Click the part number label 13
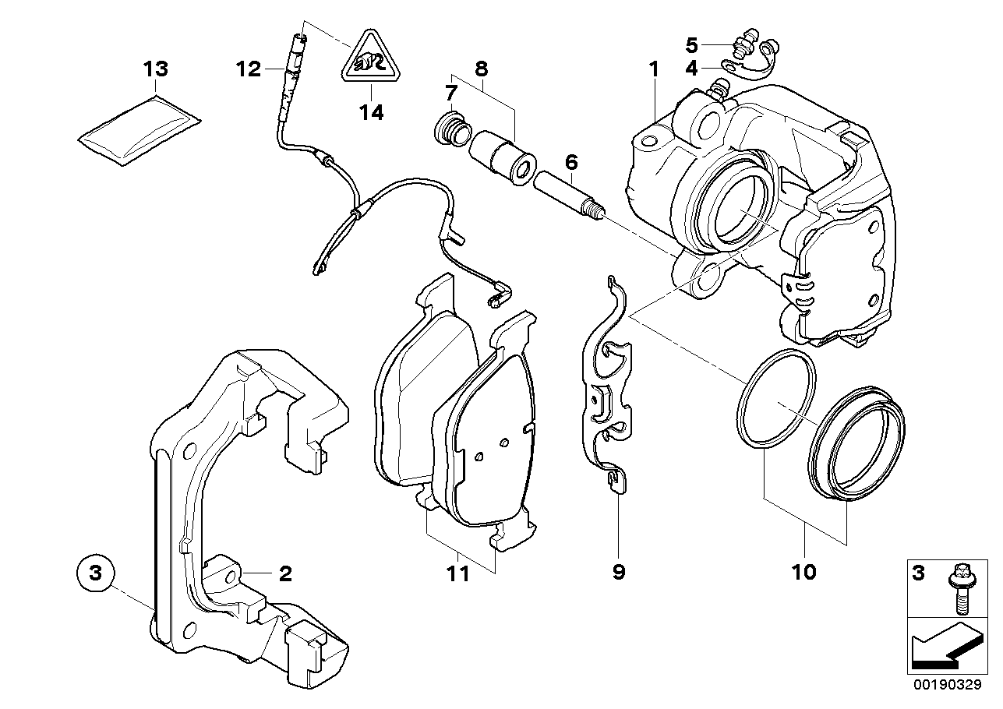tap(155, 69)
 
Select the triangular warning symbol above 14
tap(371, 58)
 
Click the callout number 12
tap(249, 69)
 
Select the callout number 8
tap(481, 69)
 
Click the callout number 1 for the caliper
tap(654, 69)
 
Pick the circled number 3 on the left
tap(95, 574)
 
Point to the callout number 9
tap(619, 573)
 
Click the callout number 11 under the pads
tap(458, 574)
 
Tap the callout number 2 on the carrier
tap(284, 574)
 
